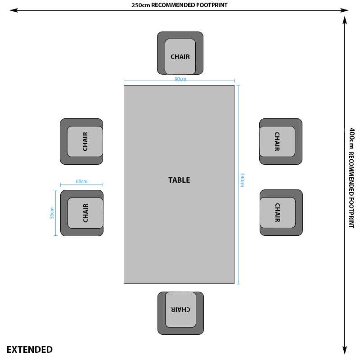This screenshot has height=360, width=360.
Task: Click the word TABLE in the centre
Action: [179, 180]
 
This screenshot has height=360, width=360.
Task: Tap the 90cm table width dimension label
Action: [180, 79]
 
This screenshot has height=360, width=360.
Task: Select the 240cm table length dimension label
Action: [242, 180]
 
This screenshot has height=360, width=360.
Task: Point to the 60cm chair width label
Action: [81, 181]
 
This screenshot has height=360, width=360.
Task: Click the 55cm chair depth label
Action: [52, 213]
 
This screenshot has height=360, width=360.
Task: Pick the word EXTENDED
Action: [30, 350]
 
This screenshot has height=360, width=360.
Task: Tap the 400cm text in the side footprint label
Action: [351, 138]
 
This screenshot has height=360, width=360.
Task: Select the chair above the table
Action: [180, 53]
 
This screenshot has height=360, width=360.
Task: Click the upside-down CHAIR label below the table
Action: [180, 310]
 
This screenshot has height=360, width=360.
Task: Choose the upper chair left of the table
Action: [81, 141]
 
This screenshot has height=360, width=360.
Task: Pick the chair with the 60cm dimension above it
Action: [82, 213]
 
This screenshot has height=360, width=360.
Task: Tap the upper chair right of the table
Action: [280, 141]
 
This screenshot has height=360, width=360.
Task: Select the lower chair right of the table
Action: [281, 212]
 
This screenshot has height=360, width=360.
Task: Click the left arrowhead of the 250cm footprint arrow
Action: [13, 10]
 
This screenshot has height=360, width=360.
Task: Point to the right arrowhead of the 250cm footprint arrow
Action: [344, 10]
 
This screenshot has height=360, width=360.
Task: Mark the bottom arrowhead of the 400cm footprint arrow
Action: [345, 351]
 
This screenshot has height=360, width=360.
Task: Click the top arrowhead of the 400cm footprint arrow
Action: [345, 20]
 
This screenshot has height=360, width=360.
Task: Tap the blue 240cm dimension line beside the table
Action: [238, 184]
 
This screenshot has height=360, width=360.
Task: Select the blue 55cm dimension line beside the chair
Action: [55, 213]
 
